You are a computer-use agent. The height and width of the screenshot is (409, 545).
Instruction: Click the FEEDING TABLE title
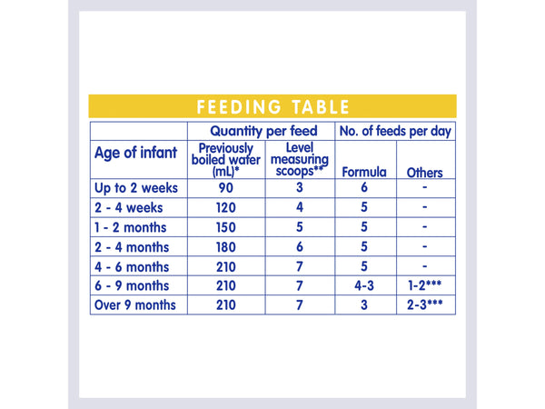coord(272,106)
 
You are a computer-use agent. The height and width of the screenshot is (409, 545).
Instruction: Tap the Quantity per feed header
coord(262,131)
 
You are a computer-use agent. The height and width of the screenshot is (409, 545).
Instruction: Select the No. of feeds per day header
coord(395,131)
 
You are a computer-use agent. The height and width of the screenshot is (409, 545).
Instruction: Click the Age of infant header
coord(136,152)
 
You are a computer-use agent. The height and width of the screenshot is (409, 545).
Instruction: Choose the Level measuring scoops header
coord(299,159)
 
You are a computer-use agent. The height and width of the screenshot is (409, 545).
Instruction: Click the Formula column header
coord(363,172)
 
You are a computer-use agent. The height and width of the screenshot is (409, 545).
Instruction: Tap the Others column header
coord(425,172)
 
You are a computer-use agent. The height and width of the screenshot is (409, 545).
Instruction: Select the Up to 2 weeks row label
coord(137,188)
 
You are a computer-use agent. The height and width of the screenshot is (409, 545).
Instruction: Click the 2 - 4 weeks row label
coord(132,207)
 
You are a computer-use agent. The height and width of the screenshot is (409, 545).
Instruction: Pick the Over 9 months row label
coord(137,304)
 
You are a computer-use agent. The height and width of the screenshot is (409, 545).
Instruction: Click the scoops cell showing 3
coord(299,188)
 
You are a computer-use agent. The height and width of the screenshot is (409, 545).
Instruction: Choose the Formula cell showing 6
coord(363,188)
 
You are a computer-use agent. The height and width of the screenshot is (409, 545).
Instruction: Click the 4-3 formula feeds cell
coord(363,285)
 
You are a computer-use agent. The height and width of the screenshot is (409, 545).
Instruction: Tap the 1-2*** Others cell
coord(425,285)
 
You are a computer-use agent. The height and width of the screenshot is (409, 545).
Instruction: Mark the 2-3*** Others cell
coord(425,304)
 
